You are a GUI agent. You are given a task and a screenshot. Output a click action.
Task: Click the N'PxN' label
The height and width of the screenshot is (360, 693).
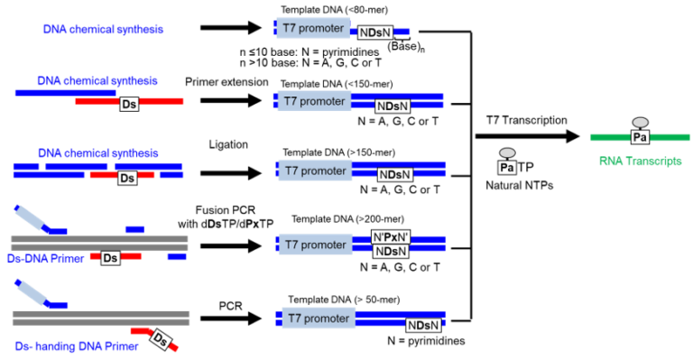click(x=391, y=237)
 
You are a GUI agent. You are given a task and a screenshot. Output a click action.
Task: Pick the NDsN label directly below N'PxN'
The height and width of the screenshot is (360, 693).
click(x=391, y=252)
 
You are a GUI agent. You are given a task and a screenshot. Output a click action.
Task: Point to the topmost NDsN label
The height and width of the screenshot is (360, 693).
click(x=374, y=32)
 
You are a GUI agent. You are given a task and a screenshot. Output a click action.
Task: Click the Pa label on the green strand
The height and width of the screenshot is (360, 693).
click(x=640, y=137)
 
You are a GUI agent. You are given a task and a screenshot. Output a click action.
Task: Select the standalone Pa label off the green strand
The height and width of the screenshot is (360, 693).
click(x=507, y=168)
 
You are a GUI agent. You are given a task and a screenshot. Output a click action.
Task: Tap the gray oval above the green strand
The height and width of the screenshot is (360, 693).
click(x=640, y=122)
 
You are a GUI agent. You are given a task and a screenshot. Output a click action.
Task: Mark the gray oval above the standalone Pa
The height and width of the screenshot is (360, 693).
click(x=507, y=152)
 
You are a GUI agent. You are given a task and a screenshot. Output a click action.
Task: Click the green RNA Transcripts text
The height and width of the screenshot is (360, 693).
click(x=640, y=161)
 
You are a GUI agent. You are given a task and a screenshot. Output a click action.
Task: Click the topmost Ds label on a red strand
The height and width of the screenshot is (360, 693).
click(x=129, y=105)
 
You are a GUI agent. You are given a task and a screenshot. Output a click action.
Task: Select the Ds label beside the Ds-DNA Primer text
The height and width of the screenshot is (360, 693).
click(x=110, y=258)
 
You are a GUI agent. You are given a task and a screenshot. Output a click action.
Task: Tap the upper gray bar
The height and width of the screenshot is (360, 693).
click(x=99, y=243)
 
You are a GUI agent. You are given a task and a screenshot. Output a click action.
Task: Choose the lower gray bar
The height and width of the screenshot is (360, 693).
click(x=100, y=318)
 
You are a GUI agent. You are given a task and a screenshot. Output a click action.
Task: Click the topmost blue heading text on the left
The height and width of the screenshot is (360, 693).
click(x=103, y=29)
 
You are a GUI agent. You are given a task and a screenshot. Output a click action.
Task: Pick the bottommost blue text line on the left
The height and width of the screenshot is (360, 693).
click(x=77, y=346)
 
